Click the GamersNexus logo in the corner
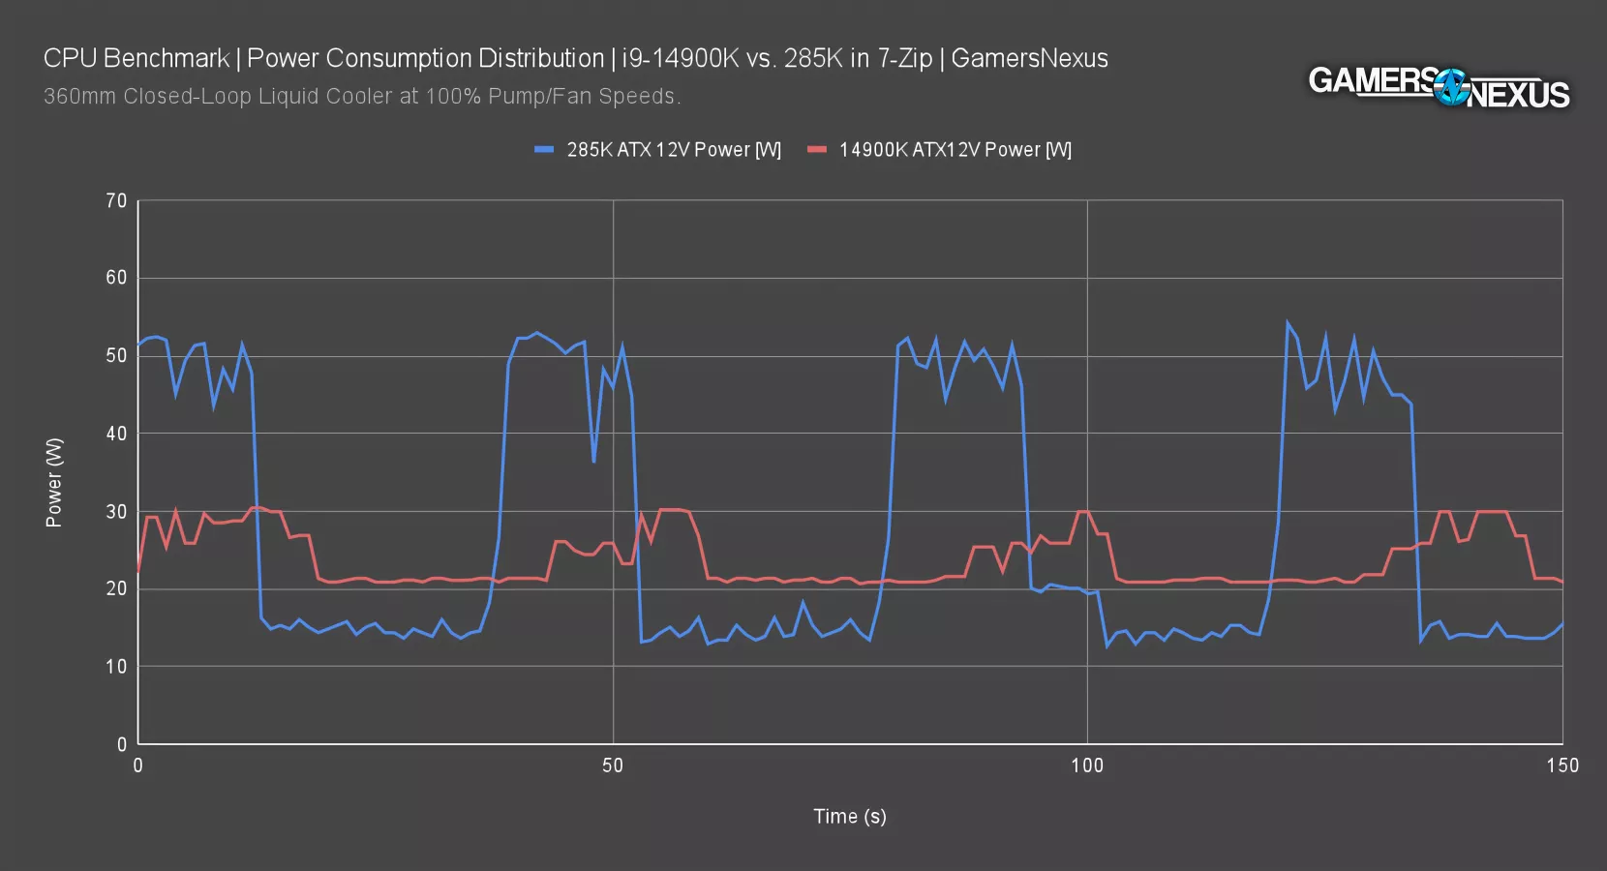(x=1439, y=87)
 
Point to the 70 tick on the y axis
(x=116, y=201)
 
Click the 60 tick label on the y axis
(x=116, y=278)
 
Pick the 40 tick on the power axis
(x=116, y=434)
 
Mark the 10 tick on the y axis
(x=116, y=667)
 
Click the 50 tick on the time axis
(x=613, y=766)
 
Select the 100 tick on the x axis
(x=1086, y=766)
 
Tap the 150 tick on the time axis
(x=1562, y=766)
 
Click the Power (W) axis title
(x=54, y=482)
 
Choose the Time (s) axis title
(x=849, y=817)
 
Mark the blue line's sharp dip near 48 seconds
(x=593, y=462)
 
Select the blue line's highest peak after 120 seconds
(x=1287, y=323)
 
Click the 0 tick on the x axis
(x=138, y=766)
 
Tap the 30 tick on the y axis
(x=116, y=511)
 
